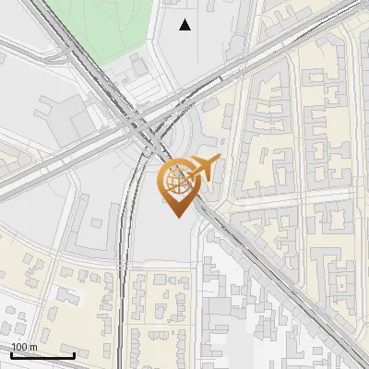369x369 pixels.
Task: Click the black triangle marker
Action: click(185, 25)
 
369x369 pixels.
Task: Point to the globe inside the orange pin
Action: click(175, 180)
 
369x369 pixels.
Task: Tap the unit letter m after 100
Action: click(33, 347)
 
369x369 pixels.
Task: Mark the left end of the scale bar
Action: click(11, 355)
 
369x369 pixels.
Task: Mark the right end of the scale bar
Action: click(74, 355)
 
